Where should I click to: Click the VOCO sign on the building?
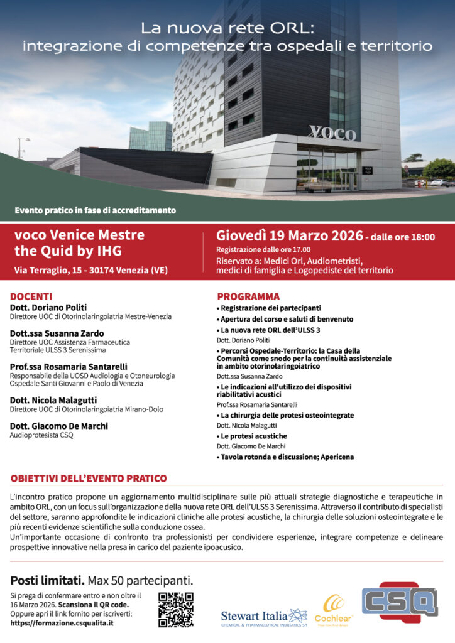[x=332, y=132]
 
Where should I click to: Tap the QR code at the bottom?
[x=175, y=609]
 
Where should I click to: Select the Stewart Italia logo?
[x=263, y=617]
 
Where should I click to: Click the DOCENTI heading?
[x=31, y=296]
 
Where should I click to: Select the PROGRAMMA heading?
[x=248, y=296]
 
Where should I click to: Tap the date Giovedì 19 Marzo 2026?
[x=289, y=236]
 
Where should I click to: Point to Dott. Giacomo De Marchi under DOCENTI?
[x=58, y=426]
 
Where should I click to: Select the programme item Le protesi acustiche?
[x=253, y=436]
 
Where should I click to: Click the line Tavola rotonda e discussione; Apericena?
[x=285, y=457]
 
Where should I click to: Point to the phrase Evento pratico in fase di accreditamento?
[x=95, y=210]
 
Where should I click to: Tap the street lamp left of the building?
[x=23, y=147]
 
